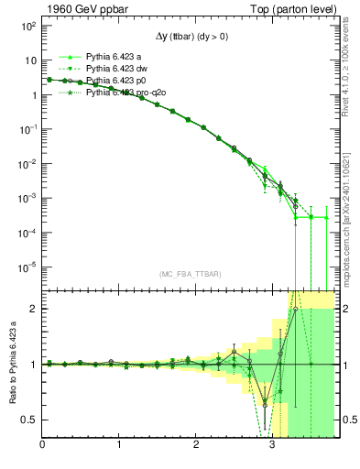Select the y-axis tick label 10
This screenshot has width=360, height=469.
click(28, 60)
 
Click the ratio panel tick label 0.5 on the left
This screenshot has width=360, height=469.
click(31, 420)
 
